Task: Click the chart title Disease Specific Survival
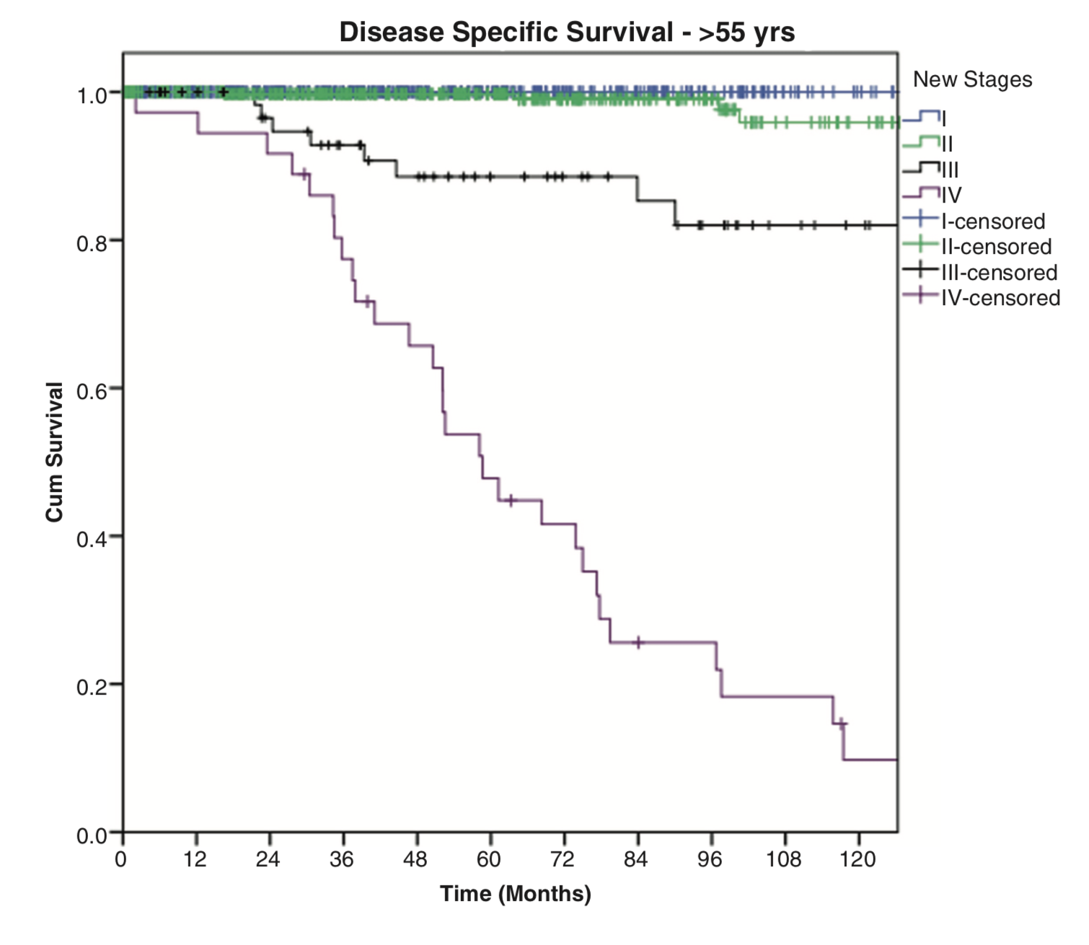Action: click(567, 32)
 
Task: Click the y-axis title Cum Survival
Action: click(55, 452)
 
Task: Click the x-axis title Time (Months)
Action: click(515, 894)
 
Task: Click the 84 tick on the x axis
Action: click(635, 859)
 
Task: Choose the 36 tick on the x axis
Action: click(341, 859)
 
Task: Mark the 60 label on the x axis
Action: click(488, 859)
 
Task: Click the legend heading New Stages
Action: click(972, 79)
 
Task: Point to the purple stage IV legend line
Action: click(921, 194)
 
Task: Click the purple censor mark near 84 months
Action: click(638, 642)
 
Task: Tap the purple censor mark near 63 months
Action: click(511, 500)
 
